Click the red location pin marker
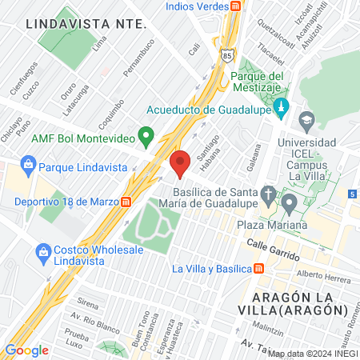(180, 162)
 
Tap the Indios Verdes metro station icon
(235, 6)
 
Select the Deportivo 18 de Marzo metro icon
(126, 202)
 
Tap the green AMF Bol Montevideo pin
(146, 138)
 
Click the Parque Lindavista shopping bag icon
(28, 166)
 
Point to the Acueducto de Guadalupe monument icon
(280, 106)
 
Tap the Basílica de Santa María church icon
(270, 194)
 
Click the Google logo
(26, 350)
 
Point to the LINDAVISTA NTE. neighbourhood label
(86, 23)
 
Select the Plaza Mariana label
(270, 226)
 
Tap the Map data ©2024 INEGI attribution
(312, 353)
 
